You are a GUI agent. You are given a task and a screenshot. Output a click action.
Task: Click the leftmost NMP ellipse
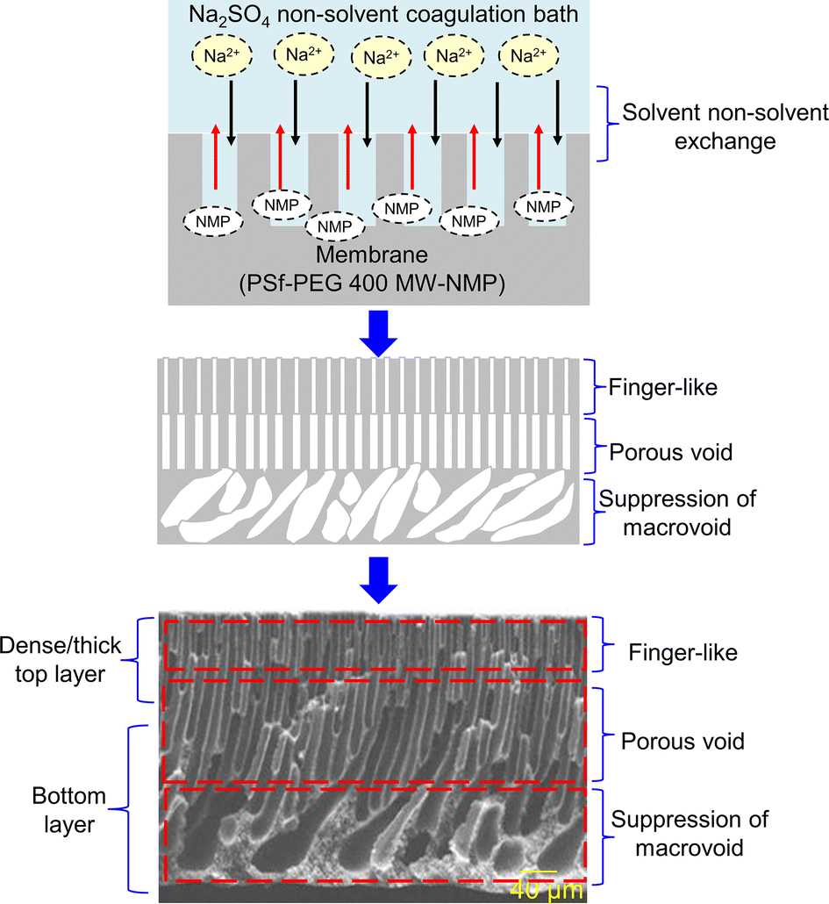(x=213, y=221)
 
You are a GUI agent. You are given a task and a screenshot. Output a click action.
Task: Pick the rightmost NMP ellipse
(x=545, y=206)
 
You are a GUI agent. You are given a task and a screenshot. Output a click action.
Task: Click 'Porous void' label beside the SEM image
(x=682, y=741)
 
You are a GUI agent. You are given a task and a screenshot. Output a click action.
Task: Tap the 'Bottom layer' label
(x=68, y=811)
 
